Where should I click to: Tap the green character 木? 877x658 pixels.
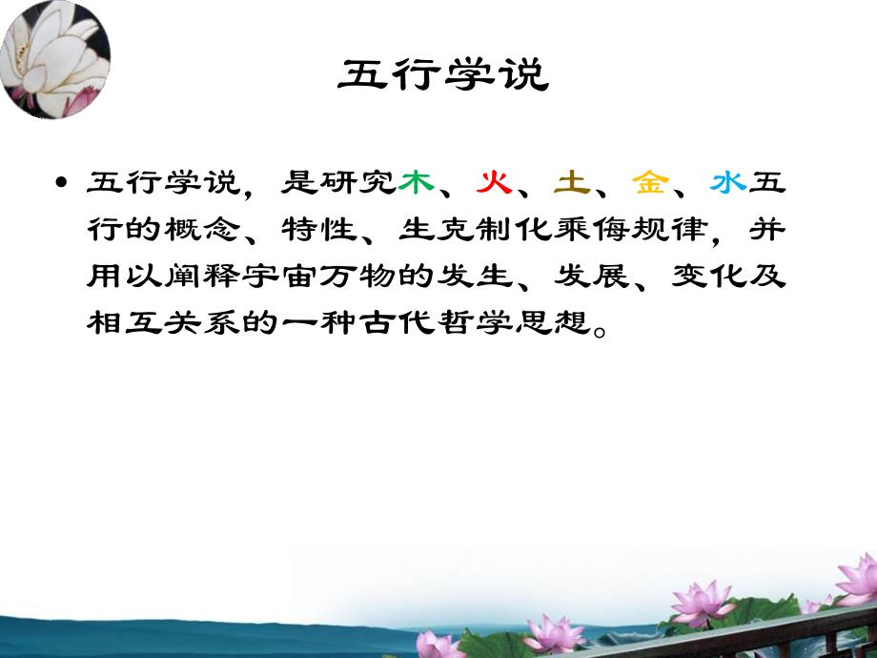click(417, 182)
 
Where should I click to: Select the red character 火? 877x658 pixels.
click(493, 182)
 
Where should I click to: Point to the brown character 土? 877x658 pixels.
click(569, 182)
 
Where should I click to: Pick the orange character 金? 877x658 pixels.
click(648, 182)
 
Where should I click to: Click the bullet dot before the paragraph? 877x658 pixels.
click(62, 183)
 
